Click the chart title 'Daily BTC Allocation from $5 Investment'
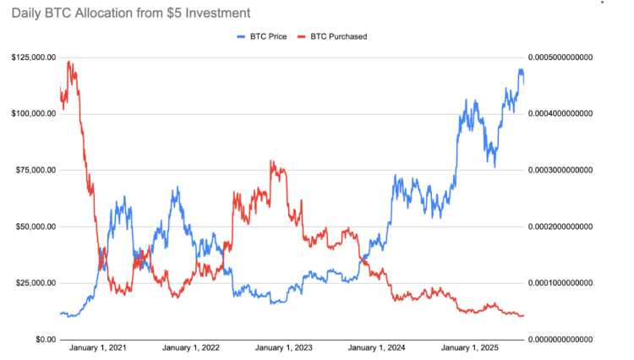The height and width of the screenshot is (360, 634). coord(131,14)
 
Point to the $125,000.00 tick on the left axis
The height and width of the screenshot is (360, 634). coord(34,57)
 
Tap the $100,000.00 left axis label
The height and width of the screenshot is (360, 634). coord(34,114)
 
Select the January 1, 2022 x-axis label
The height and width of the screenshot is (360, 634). coord(191,348)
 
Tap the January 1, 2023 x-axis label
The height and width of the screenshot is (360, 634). coord(284,348)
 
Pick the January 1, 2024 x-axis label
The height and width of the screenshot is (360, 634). coord(377,348)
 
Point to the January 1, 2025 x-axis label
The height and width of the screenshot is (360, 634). coord(471,348)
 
